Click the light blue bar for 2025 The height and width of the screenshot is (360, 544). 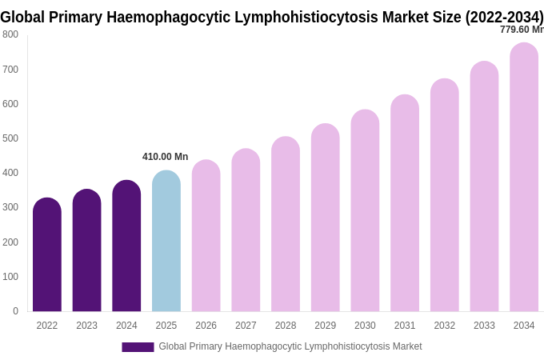(x=166, y=242)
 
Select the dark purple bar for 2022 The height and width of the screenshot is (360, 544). (x=47, y=256)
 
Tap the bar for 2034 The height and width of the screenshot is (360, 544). (x=524, y=178)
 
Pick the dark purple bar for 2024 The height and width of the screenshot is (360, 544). (x=126, y=246)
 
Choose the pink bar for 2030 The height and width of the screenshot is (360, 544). (x=365, y=211)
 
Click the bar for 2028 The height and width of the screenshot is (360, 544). (x=286, y=225)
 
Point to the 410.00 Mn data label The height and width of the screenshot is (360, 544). (x=165, y=157)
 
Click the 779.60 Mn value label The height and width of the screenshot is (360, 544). (x=521, y=30)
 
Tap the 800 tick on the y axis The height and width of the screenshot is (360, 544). (x=10, y=34)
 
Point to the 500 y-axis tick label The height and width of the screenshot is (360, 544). (x=10, y=138)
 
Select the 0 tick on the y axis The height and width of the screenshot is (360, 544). (x=15, y=311)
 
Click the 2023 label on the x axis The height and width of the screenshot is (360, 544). (x=86, y=326)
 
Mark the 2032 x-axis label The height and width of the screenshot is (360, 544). (x=445, y=326)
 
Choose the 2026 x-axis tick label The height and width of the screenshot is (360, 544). (x=206, y=326)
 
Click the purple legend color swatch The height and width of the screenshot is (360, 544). (x=138, y=347)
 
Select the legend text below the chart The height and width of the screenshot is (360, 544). (x=290, y=346)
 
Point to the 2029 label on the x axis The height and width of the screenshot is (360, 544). (x=326, y=326)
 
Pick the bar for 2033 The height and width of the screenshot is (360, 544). (x=484, y=187)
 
